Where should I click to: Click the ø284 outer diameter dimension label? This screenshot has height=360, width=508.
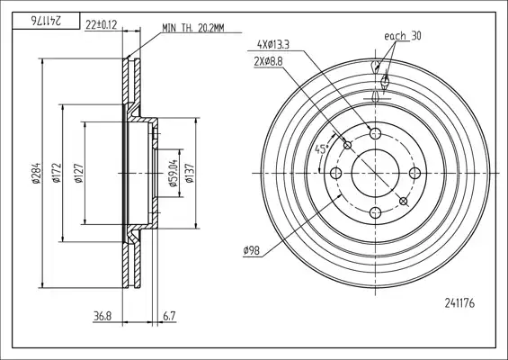click(36, 173)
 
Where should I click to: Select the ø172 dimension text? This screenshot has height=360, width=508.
click(57, 173)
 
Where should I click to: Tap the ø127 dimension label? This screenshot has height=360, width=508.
click(79, 174)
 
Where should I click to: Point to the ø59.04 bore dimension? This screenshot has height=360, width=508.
click(174, 173)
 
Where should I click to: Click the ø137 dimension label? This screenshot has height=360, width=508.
click(190, 173)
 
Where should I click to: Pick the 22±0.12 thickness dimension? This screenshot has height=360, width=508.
click(101, 24)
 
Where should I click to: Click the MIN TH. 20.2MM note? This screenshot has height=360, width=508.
click(193, 28)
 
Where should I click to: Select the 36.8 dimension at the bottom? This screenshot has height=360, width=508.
click(102, 316)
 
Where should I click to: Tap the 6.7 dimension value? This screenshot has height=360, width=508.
click(169, 316)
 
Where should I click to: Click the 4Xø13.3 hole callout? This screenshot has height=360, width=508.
click(272, 44)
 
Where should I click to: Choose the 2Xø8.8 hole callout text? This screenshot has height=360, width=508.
click(268, 61)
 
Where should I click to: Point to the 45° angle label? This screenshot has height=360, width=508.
click(322, 149)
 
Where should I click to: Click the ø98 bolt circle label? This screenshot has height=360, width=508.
click(252, 250)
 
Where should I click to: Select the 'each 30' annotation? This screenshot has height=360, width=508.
click(403, 36)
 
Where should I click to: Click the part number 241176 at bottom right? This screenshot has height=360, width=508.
click(459, 303)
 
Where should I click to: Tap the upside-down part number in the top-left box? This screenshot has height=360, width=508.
click(46, 21)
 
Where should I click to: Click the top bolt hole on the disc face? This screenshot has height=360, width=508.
click(375, 133)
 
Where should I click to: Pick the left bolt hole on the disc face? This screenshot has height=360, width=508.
click(335, 173)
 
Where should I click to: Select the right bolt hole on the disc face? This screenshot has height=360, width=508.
click(414, 173)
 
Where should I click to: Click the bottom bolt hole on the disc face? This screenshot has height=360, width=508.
click(375, 212)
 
